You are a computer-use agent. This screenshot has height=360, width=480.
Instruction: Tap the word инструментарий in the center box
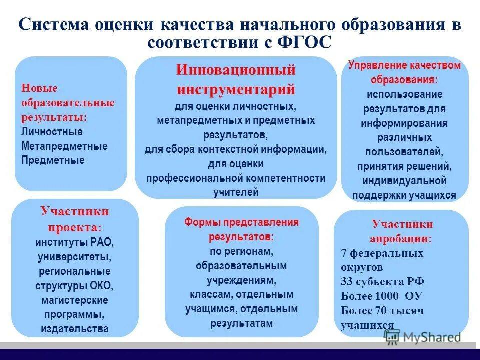click(x=236, y=89)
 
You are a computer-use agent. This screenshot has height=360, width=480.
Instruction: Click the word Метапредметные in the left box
click(x=64, y=146)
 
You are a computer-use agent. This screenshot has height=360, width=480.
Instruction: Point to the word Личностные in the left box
click(x=52, y=132)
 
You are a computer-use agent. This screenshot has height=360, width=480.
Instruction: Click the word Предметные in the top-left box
click(x=53, y=160)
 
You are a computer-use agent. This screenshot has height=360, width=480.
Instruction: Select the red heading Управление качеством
click(x=404, y=65)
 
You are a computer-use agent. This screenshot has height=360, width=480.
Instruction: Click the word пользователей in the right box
click(x=405, y=151)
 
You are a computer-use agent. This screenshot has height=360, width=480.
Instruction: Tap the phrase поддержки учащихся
click(x=404, y=195)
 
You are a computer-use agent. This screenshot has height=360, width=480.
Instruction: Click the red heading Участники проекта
click(x=74, y=219)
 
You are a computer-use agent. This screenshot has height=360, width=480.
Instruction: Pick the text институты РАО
click(x=74, y=243)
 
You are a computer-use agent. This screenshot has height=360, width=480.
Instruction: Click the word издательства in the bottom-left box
click(x=74, y=329)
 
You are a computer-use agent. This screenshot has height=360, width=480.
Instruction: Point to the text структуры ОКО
click(x=74, y=286)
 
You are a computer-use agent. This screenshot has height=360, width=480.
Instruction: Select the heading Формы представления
click(x=241, y=222)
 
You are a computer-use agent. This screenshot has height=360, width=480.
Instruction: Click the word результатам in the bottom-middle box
click(x=241, y=323)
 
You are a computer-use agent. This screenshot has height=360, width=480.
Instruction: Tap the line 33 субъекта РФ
click(x=382, y=282)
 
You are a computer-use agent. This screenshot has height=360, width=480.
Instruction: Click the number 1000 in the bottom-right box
click(x=387, y=296)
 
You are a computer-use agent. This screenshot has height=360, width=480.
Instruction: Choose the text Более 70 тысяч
click(x=382, y=311)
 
